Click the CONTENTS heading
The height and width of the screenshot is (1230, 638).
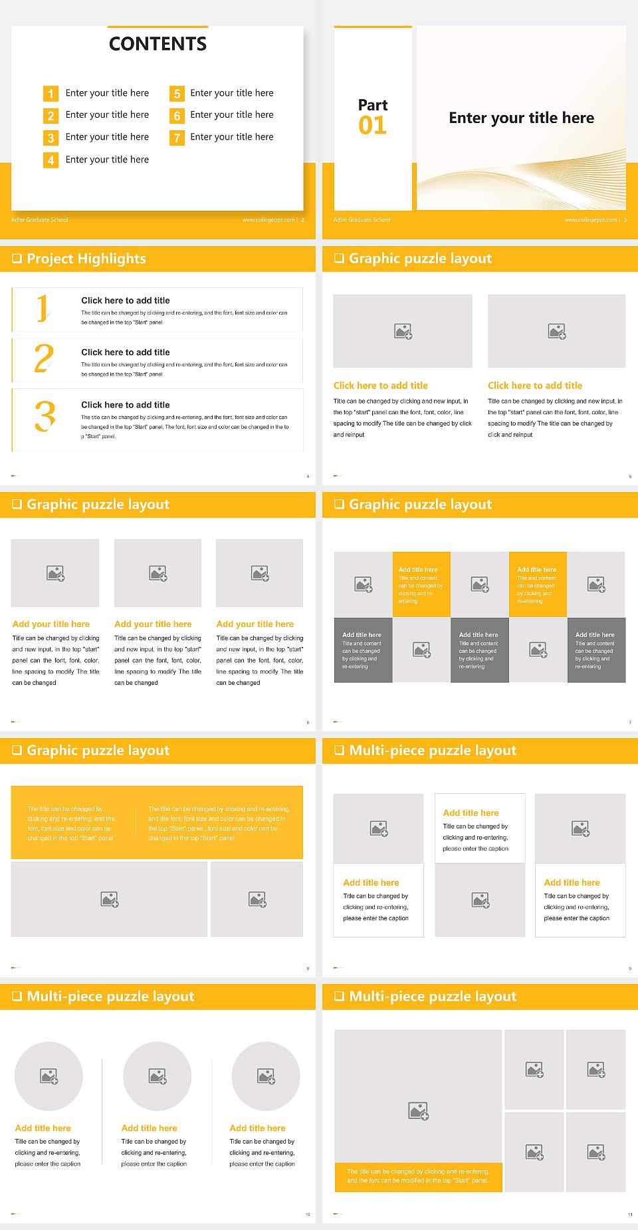click(158, 44)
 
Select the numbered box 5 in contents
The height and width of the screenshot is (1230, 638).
click(177, 94)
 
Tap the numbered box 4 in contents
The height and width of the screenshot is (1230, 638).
click(51, 160)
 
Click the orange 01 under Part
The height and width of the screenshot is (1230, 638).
click(372, 125)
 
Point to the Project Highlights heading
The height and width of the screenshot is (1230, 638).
click(86, 259)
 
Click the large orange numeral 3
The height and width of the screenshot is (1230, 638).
click(45, 416)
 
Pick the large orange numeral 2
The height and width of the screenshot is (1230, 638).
click(44, 358)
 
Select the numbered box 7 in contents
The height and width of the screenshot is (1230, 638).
click(177, 138)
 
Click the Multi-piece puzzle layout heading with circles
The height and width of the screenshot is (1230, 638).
click(110, 997)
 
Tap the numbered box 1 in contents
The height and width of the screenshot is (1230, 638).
click(51, 94)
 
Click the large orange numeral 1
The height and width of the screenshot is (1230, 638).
click(43, 308)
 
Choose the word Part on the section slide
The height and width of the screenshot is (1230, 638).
click(373, 105)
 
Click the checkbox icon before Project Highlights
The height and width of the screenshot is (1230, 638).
click(17, 259)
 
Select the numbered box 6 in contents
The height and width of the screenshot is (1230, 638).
click(177, 116)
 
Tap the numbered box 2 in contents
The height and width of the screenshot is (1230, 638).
click(51, 116)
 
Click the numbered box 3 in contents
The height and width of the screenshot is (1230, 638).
click(51, 138)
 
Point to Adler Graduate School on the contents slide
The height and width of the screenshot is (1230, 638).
click(40, 220)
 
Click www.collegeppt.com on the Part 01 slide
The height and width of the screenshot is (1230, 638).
click(590, 220)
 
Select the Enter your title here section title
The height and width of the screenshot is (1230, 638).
click(522, 118)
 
